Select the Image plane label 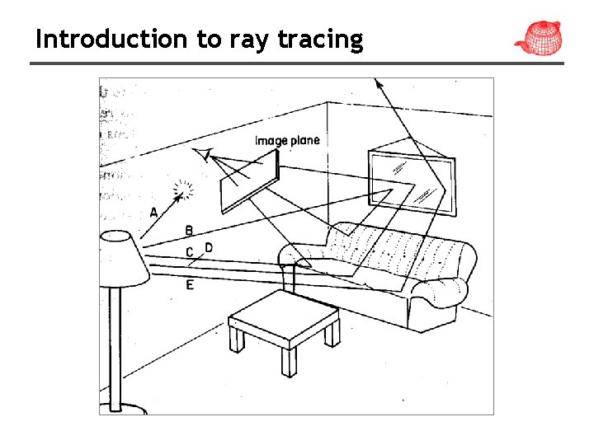(286, 140)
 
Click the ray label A (154, 213)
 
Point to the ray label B (189, 231)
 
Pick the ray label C (189, 251)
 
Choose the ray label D (209, 247)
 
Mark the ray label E (190, 284)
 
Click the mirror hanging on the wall (410, 181)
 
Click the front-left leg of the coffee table (236, 338)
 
